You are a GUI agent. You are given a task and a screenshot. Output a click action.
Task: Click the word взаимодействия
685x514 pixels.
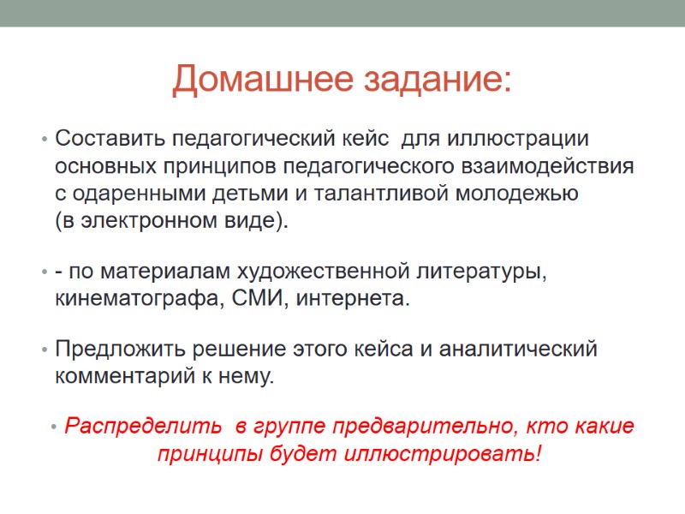551,165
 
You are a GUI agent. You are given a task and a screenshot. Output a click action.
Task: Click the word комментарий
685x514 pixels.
122,377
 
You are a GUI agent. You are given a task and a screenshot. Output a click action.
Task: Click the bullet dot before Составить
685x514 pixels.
43,139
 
